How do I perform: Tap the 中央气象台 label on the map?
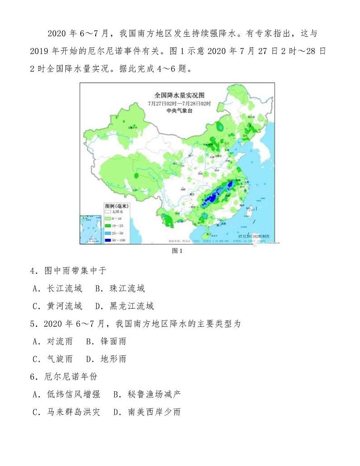point(176,110)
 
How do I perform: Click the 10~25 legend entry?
point(119,226)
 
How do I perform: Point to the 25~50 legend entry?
point(119,233)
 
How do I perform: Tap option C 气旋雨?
point(53,359)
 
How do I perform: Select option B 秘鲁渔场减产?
point(147,394)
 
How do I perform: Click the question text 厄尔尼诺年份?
point(64,377)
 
